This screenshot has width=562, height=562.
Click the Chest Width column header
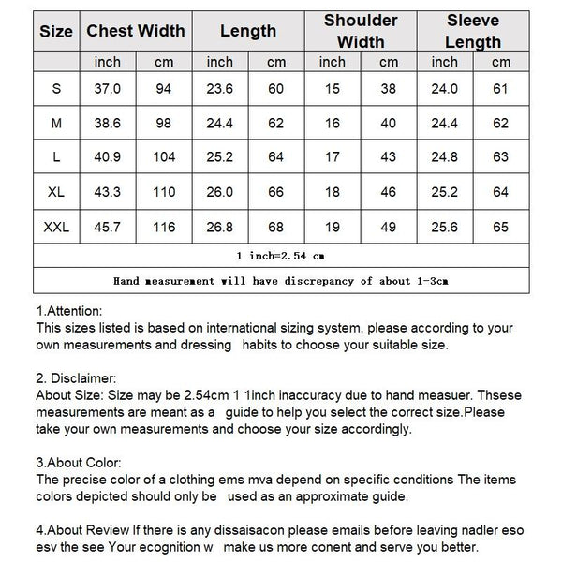point(136,31)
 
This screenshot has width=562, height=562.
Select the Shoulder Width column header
point(361,31)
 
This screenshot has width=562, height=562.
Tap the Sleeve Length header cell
point(473,31)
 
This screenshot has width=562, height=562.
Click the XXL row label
point(56,227)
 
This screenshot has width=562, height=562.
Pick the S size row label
point(56,88)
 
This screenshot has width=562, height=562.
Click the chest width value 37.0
point(109,88)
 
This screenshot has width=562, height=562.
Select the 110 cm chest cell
point(164,192)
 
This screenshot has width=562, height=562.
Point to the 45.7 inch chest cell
point(109,227)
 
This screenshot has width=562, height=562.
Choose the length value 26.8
point(220,227)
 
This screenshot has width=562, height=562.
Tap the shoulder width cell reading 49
point(389,227)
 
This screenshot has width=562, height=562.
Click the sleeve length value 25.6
point(445,227)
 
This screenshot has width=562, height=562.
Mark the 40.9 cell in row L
point(109,157)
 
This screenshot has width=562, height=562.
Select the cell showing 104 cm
point(164,157)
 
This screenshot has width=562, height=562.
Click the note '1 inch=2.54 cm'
point(281,255)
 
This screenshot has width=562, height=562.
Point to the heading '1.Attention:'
point(69,311)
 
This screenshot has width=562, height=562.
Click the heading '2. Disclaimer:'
point(75,378)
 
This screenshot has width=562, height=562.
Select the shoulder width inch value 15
point(333,88)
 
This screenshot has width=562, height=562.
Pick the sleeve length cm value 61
point(501,88)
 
